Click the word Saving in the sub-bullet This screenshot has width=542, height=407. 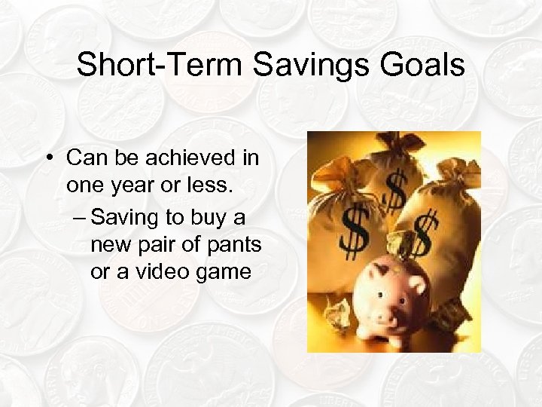(126, 218)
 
